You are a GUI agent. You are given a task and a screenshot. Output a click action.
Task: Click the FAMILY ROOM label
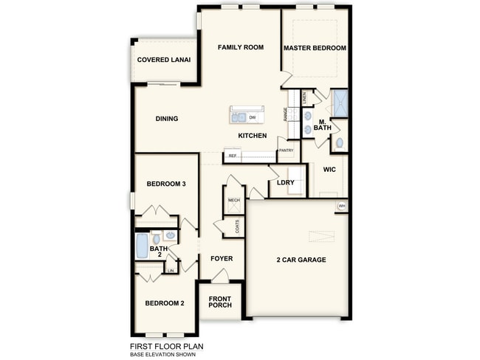(x=240, y=48)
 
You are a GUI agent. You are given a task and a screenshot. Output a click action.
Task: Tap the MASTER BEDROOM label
(x=315, y=48)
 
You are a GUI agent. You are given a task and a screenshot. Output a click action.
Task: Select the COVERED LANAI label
(x=164, y=60)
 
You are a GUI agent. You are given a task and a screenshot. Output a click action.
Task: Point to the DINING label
(x=167, y=118)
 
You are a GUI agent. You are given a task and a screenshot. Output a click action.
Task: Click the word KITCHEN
(x=252, y=136)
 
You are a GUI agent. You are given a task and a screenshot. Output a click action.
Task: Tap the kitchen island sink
(x=239, y=117)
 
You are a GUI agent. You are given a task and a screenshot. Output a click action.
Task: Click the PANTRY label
(x=286, y=150)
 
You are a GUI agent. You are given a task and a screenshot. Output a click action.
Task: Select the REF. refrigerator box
(x=233, y=156)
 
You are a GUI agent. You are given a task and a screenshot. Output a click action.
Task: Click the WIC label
(x=329, y=169)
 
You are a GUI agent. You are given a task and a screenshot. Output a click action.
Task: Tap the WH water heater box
(x=342, y=206)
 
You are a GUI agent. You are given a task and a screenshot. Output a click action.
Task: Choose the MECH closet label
(x=233, y=200)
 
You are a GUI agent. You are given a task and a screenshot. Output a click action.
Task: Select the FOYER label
(x=222, y=258)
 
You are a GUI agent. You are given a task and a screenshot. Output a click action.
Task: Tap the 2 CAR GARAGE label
(x=301, y=260)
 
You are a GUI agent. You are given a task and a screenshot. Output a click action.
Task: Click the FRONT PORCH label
(x=220, y=303)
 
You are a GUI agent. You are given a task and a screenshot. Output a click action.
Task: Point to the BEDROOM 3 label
(x=165, y=184)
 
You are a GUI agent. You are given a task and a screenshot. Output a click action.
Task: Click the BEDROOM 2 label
(x=164, y=302)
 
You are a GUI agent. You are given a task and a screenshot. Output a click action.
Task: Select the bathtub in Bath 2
(x=142, y=246)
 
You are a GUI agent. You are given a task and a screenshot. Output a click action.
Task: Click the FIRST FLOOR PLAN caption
(x=167, y=345)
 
